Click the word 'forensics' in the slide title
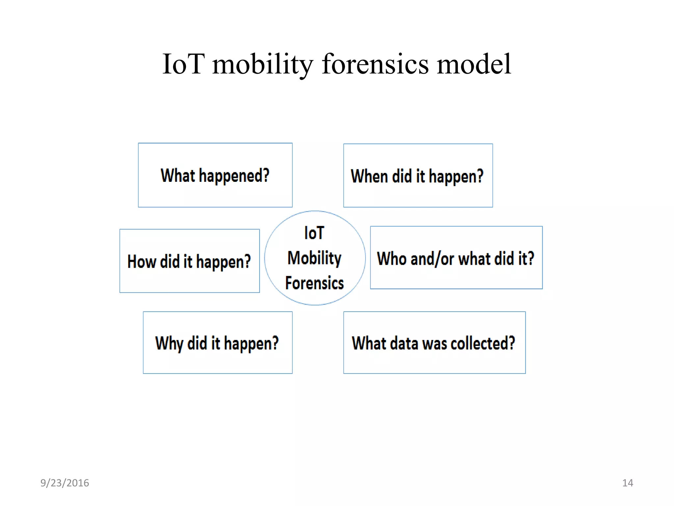point(375,64)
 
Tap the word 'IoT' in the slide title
point(183,64)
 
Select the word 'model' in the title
point(474,64)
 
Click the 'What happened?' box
point(215,175)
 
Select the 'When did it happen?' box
point(418,176)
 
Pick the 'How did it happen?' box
point(190,261)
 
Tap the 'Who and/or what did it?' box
point(456,258)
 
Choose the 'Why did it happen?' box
point(218,343)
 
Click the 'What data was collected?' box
point(434,343)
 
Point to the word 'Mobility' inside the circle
point(315,258)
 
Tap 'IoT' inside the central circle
point(314,233)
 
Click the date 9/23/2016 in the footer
point(65,483)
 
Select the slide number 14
point(627,483)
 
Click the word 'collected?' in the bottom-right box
point(483,343)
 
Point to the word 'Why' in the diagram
point(169,344)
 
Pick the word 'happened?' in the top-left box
point(234,176)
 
